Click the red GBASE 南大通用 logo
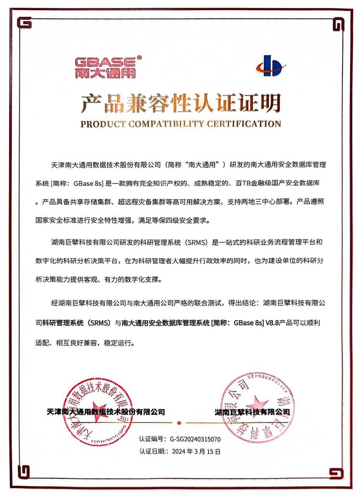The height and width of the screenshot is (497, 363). tap(105, 67)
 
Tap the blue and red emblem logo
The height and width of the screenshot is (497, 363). tap(271, 65)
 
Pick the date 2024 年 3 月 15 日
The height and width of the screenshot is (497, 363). tap(196, 452)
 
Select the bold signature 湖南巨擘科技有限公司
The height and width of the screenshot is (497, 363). tap(252, 412)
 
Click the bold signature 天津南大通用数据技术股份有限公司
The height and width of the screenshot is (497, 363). tap(105, 412)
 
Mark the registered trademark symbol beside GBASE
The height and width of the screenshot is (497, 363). tap(140, 57)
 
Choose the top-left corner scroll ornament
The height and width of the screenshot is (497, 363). tap(25, 24)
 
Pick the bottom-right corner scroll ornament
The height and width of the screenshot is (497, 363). tap(337, 473)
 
